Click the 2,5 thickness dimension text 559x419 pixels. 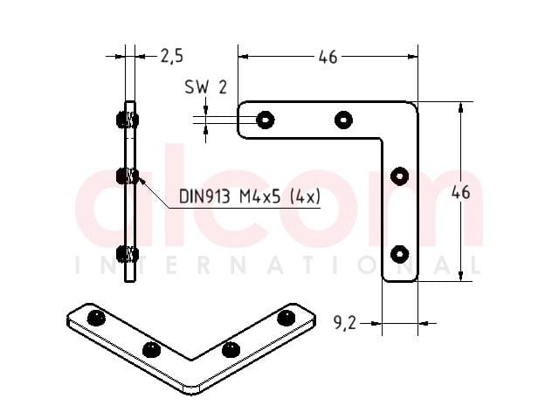[172, 56]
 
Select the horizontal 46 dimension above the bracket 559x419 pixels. [328, 57]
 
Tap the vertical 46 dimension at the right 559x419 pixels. [460, 192]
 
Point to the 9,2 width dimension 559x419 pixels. [344, 323]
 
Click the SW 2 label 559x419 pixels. [206, 87]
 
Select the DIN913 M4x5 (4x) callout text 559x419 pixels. [250, 196]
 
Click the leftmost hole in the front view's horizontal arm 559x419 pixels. [266, 120]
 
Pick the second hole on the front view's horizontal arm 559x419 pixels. [343, 120]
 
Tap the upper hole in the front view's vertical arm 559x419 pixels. [399, 176]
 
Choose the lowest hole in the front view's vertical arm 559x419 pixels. [399, 254]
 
